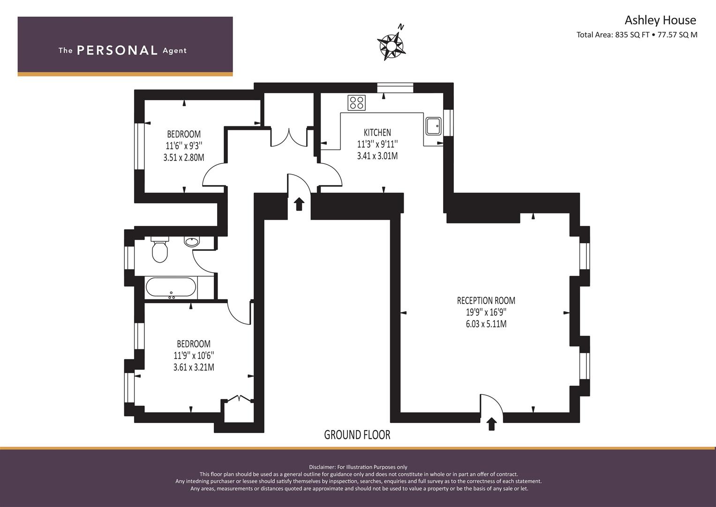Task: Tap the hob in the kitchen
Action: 356,102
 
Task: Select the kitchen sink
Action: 433,126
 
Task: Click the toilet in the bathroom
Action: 159,250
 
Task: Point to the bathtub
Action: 171,288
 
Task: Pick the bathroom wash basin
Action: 192,242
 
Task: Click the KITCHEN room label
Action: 377,132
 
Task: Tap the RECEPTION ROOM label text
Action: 486,300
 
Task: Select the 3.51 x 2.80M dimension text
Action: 183,157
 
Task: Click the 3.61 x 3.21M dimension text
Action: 194,367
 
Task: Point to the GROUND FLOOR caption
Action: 357,435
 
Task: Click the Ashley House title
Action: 660,20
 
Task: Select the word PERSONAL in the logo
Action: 117,51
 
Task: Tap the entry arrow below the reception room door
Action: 491,424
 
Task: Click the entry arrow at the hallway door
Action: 299,204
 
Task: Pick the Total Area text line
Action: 637,35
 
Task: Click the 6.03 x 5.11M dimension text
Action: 486,324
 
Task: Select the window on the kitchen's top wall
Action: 395,88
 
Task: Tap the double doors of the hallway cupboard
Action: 289,138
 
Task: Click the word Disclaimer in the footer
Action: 322,467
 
